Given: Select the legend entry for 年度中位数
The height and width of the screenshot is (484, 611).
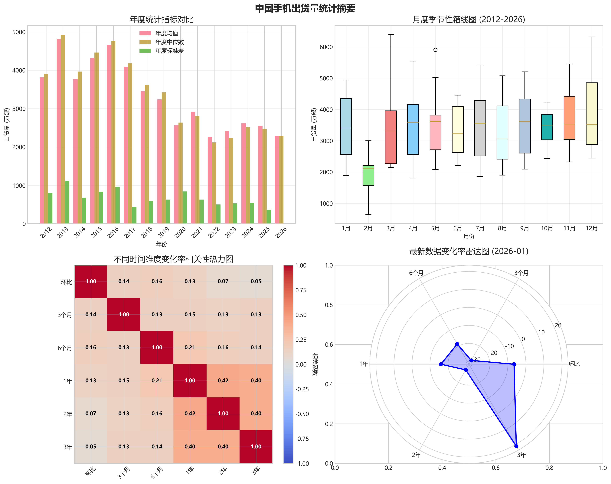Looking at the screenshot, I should pos(169,42).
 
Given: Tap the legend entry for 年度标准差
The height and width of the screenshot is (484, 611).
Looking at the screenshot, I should pos(169,51).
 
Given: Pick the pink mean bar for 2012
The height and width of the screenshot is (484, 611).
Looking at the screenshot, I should pos(42,150).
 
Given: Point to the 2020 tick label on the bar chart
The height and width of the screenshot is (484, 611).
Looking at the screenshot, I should pos(180,232).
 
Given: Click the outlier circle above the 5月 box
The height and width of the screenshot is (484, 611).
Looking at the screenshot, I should pos(435,50).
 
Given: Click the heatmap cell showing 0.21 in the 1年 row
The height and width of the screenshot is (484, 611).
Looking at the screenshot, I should pos(157,380).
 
